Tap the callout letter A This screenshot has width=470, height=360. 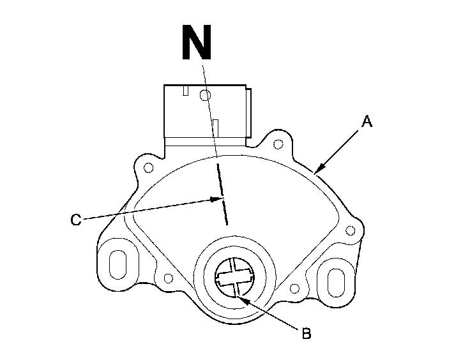tap(366, 121)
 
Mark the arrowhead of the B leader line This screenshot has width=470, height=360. tap(239, 292)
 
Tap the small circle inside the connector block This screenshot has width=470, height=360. tap(204, 96)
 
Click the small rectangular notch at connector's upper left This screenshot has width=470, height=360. tap(185, 91)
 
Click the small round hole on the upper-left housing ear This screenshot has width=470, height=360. tap(148, 169)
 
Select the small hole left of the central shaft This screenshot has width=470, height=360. tap(169, 278)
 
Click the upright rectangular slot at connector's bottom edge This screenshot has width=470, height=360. tap(216, 126)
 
